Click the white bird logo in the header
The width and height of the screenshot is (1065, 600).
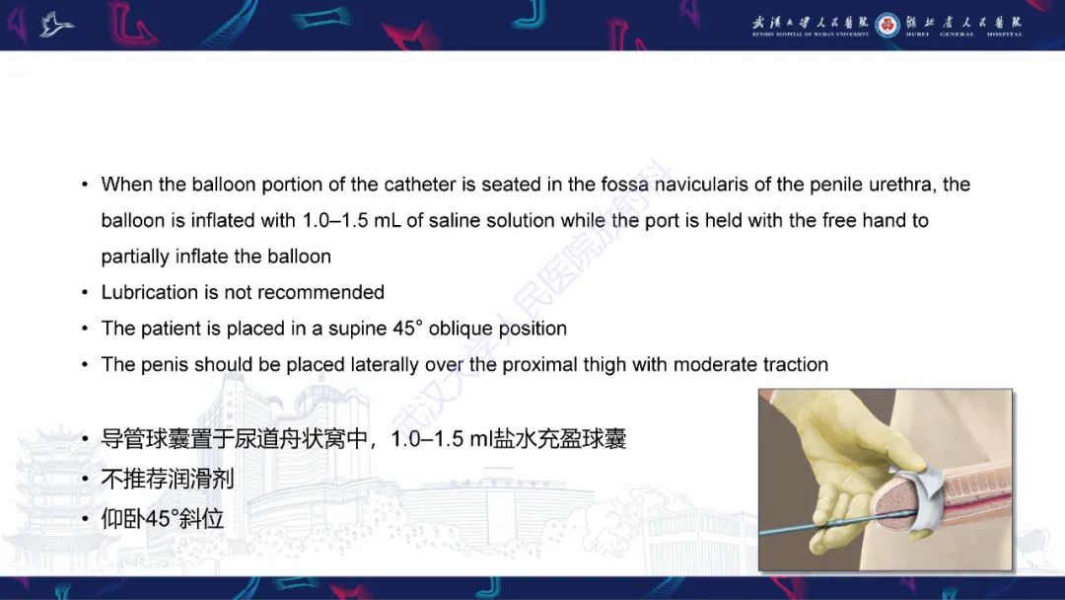pos(56,24)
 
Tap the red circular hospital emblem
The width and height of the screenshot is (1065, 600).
pos(887,25)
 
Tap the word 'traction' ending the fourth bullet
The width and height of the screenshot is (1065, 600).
pos(795,364)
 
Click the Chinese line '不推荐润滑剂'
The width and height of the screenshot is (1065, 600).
pos(168,479)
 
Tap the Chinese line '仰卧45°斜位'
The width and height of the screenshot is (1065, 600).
pos(163,517)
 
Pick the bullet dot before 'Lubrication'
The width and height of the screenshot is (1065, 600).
pos(86,293)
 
